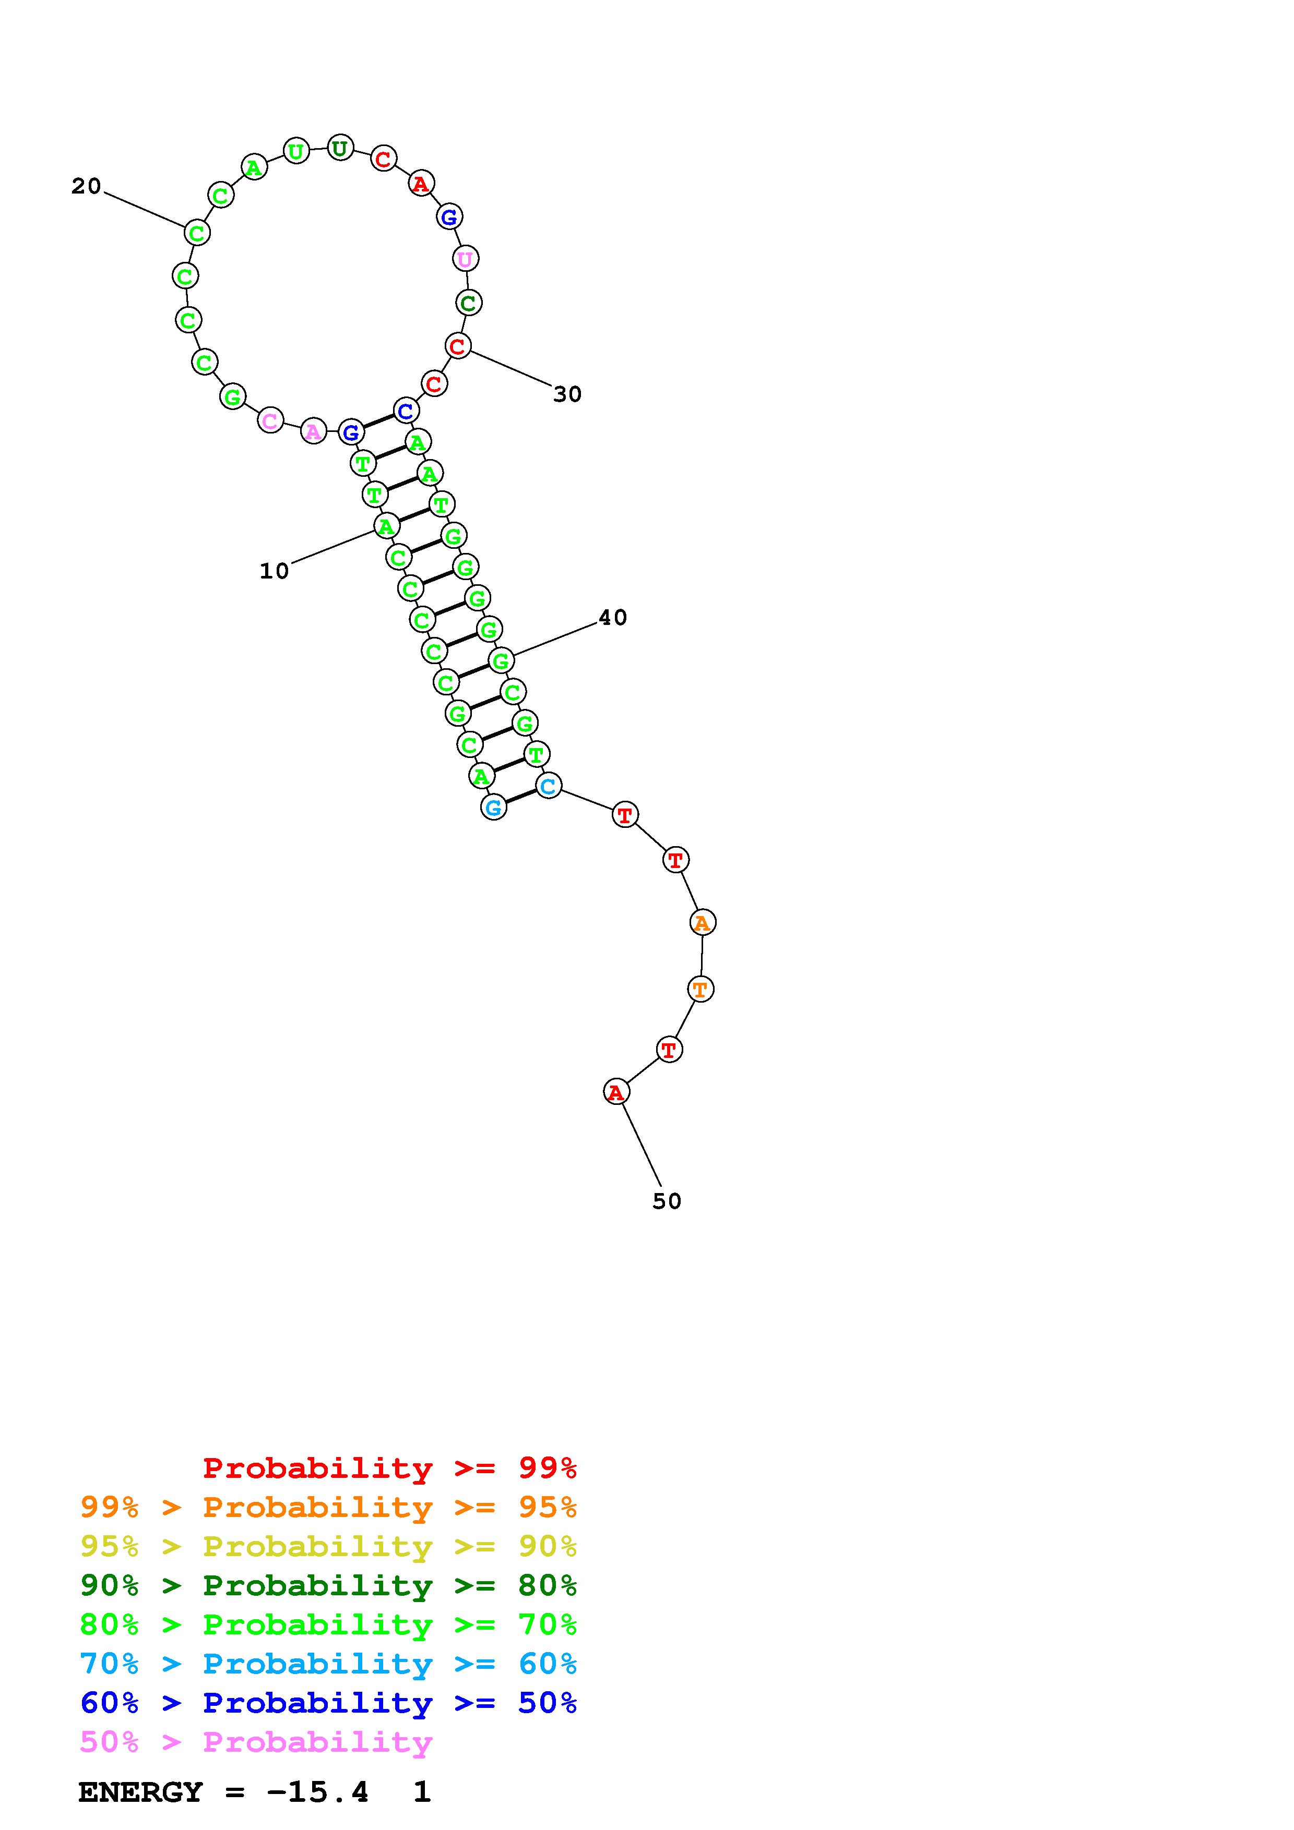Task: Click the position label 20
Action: tap(86, 187)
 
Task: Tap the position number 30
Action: tap(568, 394)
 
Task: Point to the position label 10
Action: tap(274, 571)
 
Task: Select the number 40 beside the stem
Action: tap(613, 617)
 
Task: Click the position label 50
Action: tap(667, 1201)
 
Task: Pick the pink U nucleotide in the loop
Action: tap(465, 259)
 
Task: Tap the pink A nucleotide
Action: tap(313, 431)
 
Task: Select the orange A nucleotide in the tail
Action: tap(702, 922)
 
